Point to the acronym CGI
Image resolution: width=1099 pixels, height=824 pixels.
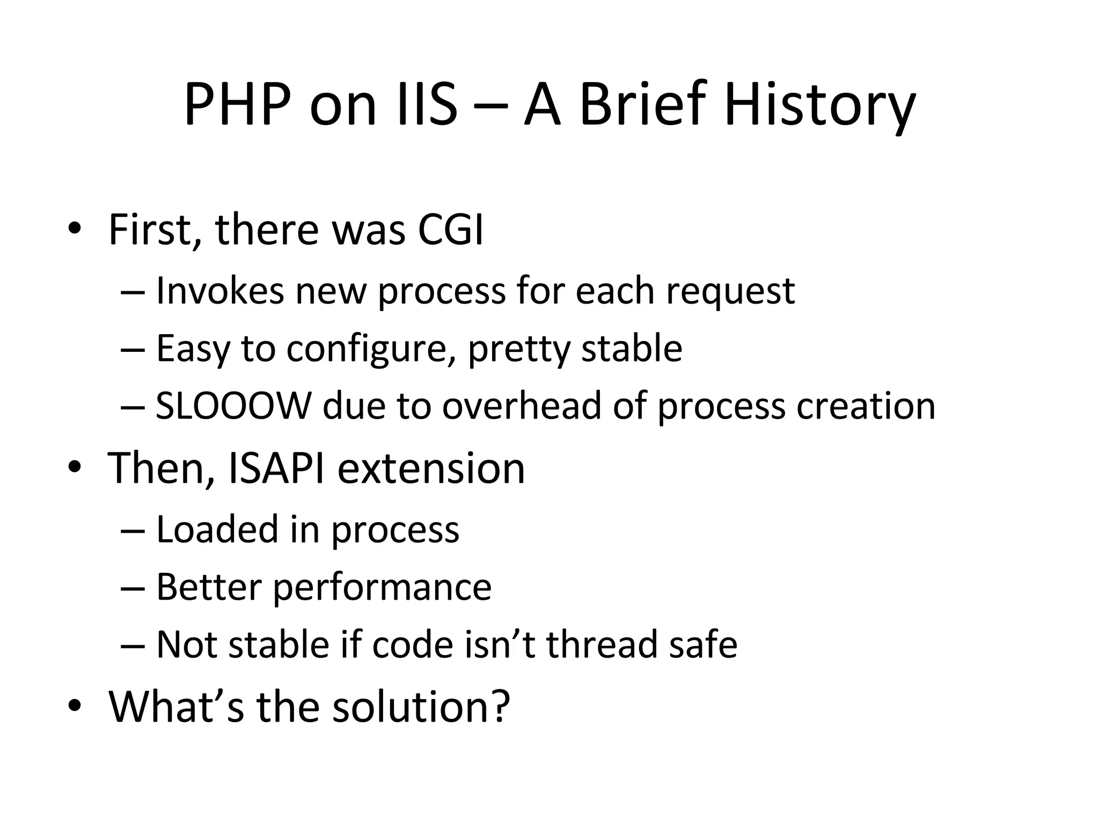pyautogui.click(x=450, y=230)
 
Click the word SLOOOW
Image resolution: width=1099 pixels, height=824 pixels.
pyautogui.click(x=233, y=406)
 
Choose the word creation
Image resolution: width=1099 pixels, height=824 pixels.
pyautogui.click(x=866, y=406)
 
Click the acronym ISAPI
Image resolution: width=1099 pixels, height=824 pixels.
pyautogui.click(x=276, y=468)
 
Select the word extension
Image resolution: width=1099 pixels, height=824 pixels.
pyautogui.click(x=431, y=468)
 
